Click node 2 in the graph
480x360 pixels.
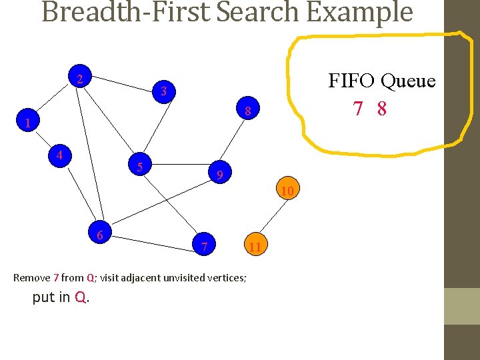point(80,79)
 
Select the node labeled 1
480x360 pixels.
point(27,123)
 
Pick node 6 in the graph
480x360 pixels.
point(99,235)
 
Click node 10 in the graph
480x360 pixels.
point(287,191)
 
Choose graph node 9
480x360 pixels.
point(219,175)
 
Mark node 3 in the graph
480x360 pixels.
point(163,91)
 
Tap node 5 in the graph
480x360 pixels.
point(140,166)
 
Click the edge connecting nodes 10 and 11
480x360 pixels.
point(269,217)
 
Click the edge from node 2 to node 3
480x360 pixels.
point(120,85)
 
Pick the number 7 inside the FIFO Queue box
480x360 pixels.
point(359,109)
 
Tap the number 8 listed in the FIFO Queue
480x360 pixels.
point(381,109)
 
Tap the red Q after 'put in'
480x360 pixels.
point(80,298)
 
